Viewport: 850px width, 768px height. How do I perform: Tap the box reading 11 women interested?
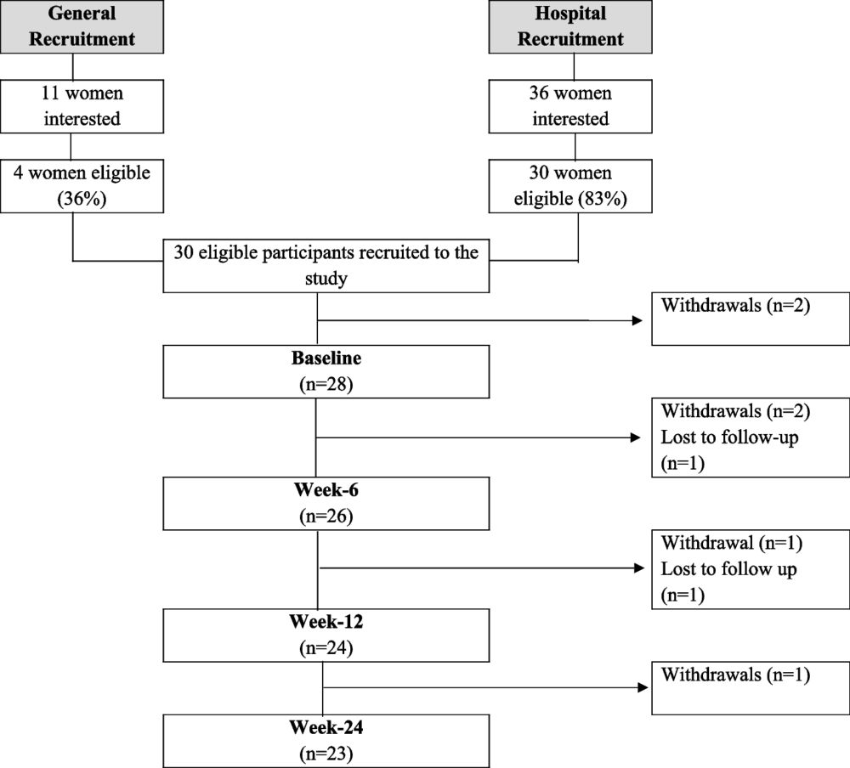coord(74,107)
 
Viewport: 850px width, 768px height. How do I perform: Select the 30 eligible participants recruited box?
coord(326,266)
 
